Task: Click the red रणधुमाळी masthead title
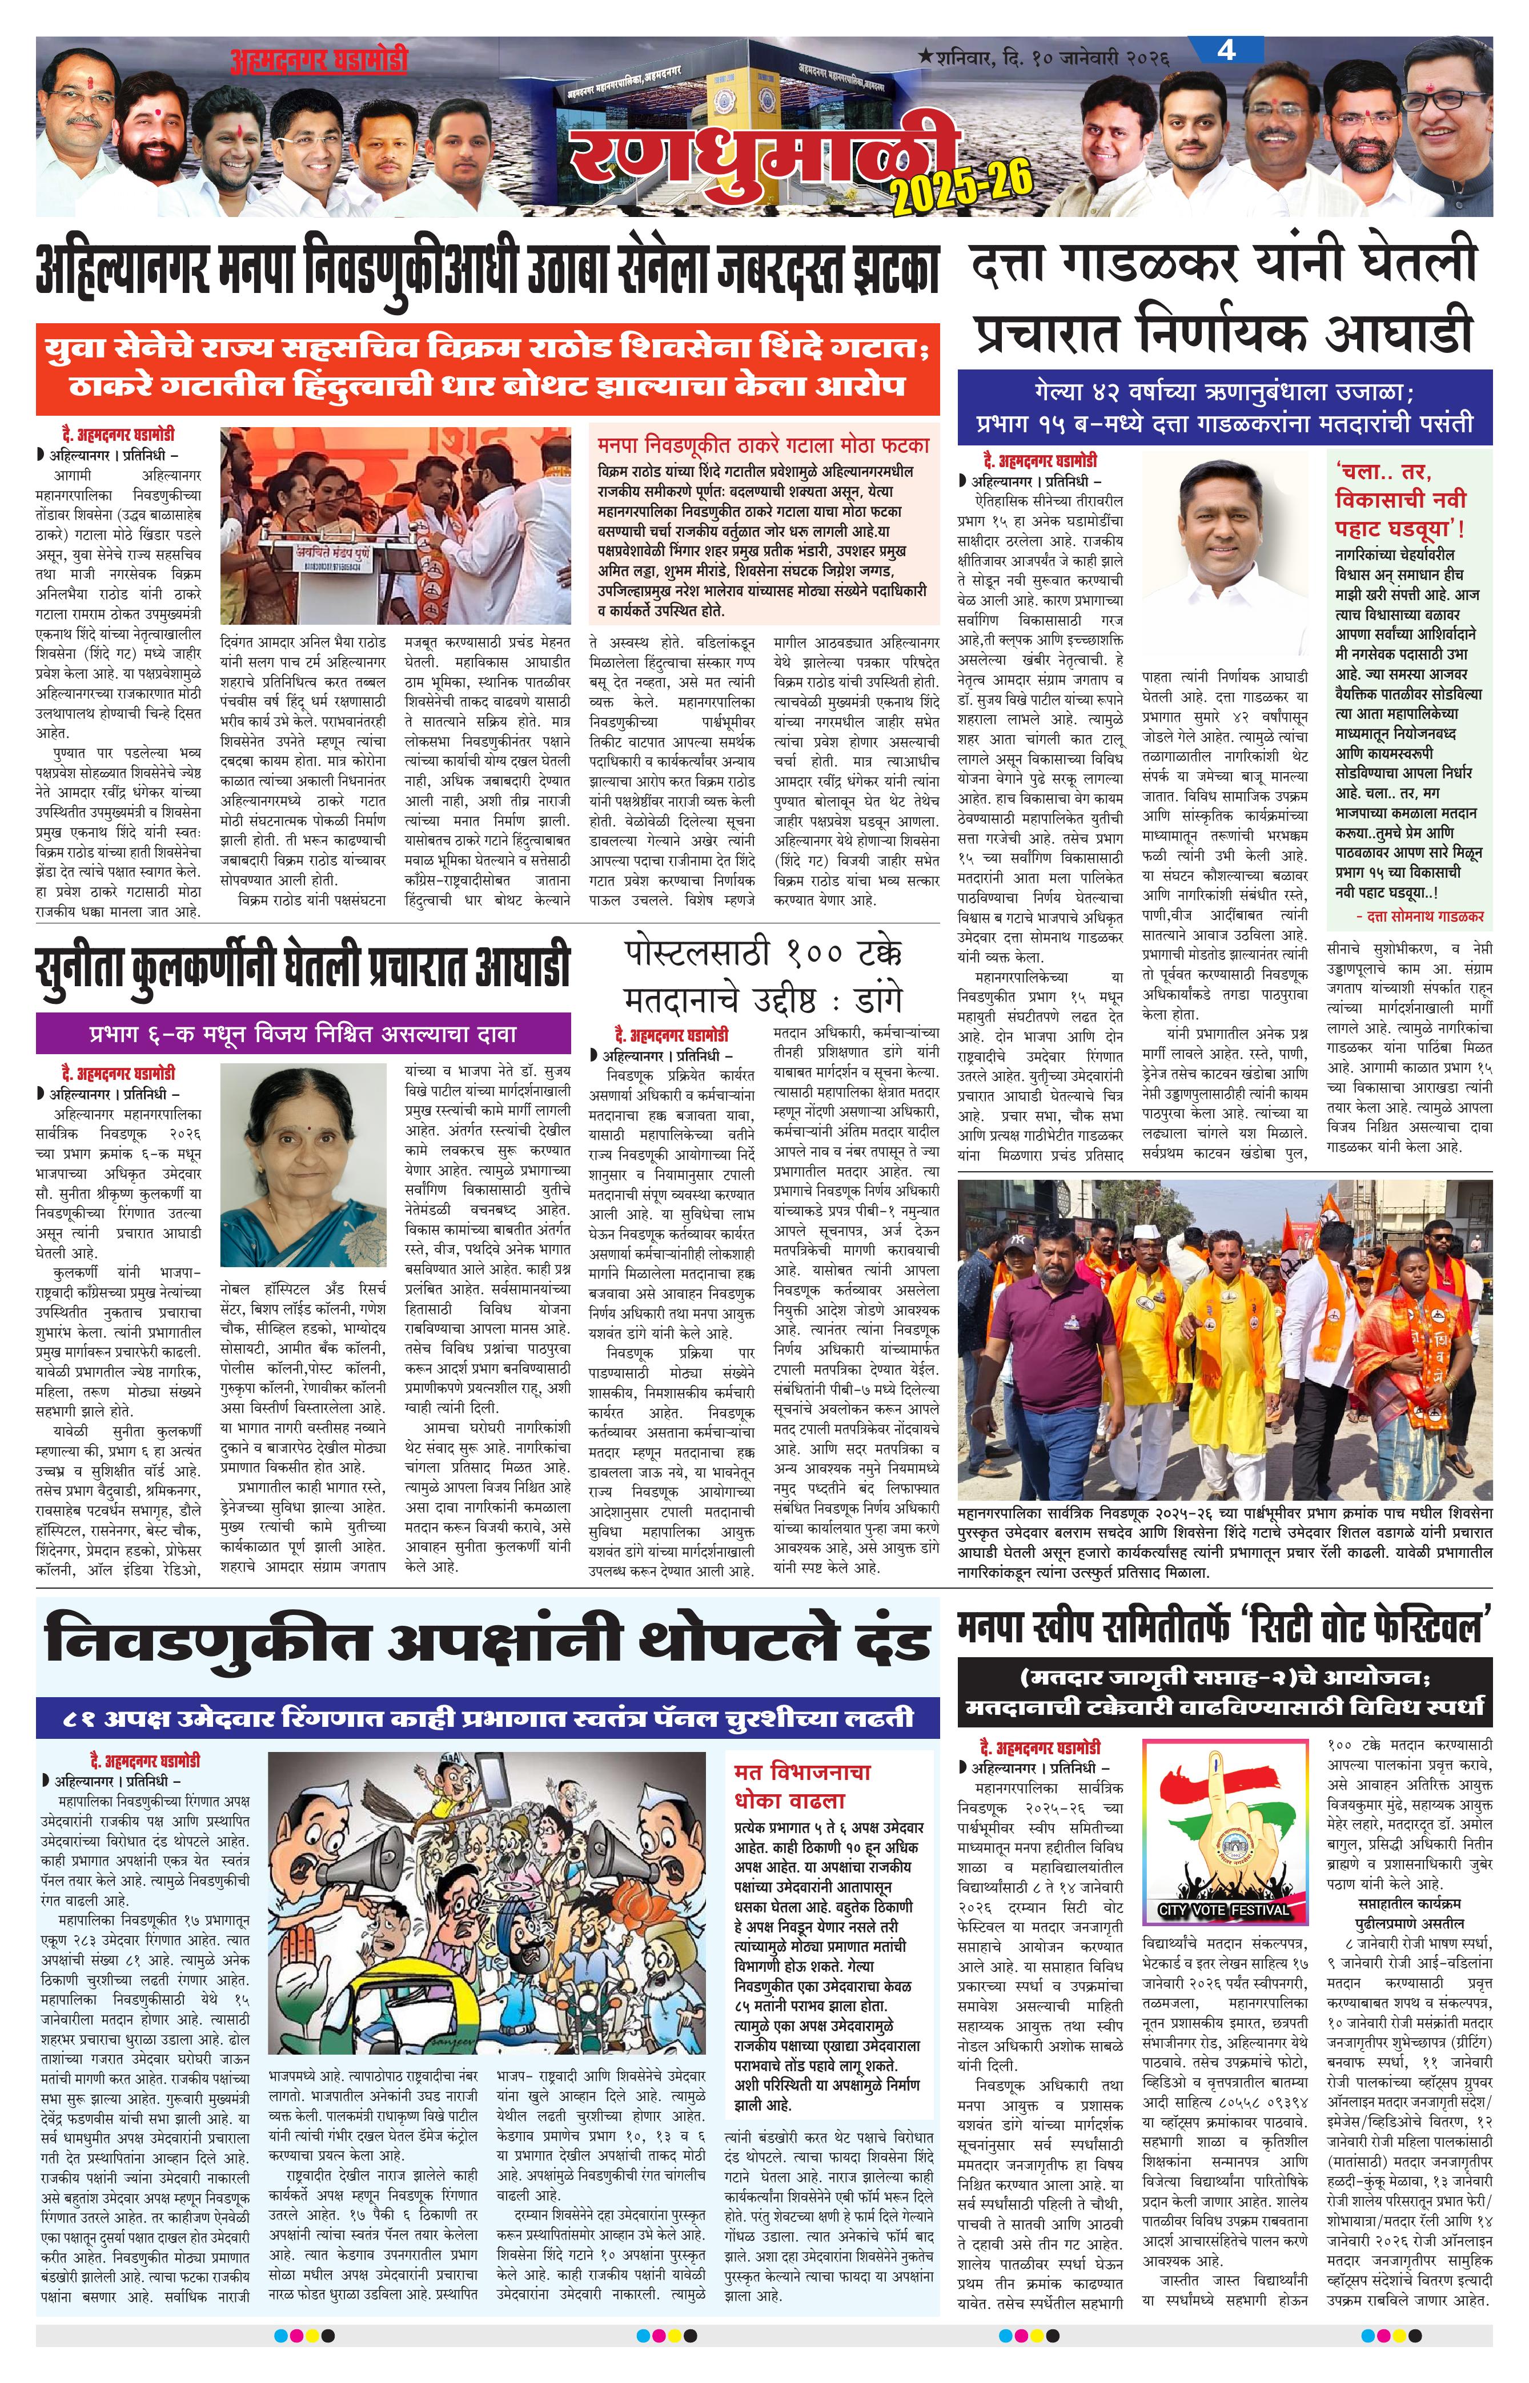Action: point(764,149)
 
